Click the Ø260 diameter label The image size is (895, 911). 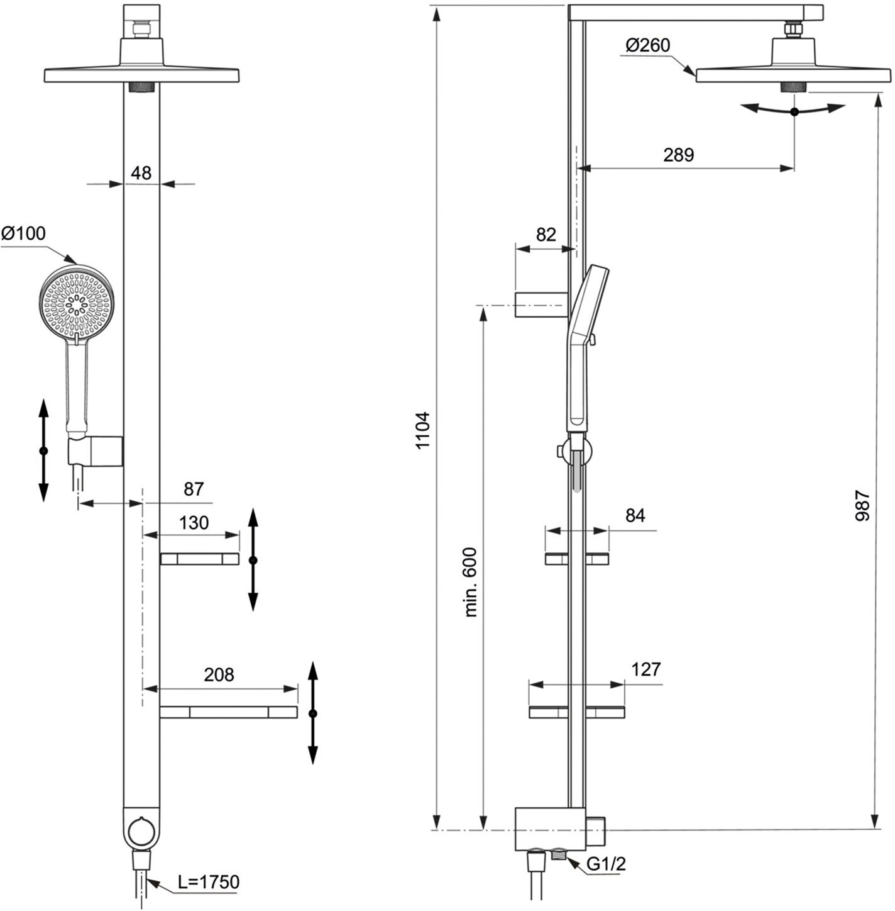(x=647, y=45)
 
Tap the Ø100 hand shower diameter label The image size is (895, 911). (x=24, y=233)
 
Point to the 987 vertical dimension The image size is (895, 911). (x=863, y=506)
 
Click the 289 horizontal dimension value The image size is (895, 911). (x=678, y=155)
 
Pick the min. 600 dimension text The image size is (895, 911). (x=471, y=582)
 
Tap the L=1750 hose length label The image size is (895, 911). (x=209, y=881)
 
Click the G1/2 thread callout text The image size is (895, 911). (x=606, y=864)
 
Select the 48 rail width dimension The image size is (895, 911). (x=141, y=173)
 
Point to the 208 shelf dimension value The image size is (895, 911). (x=219, y=674)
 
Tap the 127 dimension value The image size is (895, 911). (x=645, y=669)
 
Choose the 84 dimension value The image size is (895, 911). (x=635, y=515)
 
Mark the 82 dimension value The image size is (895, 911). (x=546, y=235)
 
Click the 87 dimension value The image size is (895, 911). (x=194, y=489)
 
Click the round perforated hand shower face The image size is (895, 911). (x=77, y=301)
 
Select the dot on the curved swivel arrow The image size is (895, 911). (x=794, y=112)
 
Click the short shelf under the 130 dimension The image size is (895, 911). (x=199, y=559)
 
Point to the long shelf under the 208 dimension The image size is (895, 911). (x=229, y=712)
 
